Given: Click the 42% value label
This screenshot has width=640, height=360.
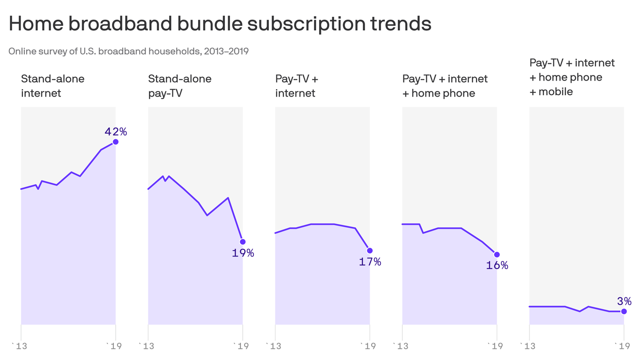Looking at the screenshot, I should click(x=115, y=132).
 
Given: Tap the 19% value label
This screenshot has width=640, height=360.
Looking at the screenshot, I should click(x=243, y=253).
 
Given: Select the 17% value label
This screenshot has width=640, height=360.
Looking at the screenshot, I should click(x=370, y=262).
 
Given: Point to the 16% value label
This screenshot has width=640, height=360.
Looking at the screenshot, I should click(x=497, y=265).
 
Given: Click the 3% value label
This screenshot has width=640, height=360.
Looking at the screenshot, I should click(x=624, y=301).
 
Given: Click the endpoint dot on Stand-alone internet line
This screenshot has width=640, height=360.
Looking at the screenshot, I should click(x=116, y=142).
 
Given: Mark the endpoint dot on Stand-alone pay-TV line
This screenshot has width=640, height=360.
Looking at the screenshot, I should click(x=243, y=242).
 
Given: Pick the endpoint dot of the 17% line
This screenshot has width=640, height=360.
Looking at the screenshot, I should click(x=370, y=251).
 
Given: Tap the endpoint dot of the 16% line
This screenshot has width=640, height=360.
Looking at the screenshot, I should click(x=497, y=255).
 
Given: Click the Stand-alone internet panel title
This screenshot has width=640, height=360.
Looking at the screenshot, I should click(x=52, y=86).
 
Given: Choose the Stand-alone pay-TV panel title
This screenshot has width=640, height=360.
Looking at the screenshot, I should click(x=179, y=86).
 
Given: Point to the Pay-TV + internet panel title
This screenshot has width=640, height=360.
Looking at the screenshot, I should click(x=297, y=86).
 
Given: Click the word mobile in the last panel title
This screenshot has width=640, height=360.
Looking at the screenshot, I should click(x=556, y=92).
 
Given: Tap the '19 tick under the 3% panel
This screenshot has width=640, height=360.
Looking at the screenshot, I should click(x=622, y=346).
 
